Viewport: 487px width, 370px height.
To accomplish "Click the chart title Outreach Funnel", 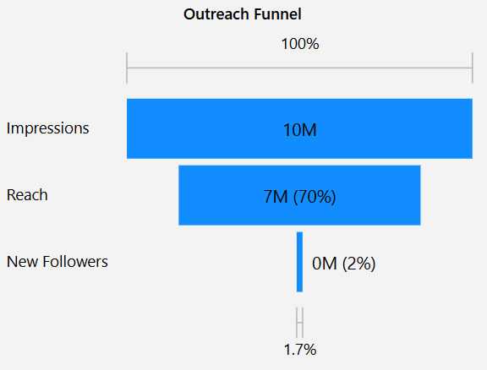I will pos(242,14).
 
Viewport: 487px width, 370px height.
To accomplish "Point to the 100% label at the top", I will pos(299,44).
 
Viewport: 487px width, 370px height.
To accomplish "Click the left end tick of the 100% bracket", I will pos(127,68).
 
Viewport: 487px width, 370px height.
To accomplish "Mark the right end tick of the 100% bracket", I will pos(472,68).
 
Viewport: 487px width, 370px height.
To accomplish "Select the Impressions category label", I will pos(47,128).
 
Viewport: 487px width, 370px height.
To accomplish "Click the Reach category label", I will pos(27,195).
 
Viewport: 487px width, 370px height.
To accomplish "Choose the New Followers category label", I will pos(57,262).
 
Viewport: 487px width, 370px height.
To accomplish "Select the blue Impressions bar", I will pos(211,128).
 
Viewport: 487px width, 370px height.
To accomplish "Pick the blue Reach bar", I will pos(220,195).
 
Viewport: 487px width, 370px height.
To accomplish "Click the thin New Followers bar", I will pos(299,262).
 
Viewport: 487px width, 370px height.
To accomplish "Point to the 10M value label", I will pos(299,130).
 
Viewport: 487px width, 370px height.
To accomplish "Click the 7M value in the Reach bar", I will pos(276,197).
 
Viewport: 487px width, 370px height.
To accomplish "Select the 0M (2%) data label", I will pos(343,264).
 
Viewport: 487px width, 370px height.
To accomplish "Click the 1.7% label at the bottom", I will pos(299,349).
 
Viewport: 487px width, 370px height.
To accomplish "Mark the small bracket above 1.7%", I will pos(299,323).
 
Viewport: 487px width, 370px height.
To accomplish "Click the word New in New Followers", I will pos(20,262).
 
